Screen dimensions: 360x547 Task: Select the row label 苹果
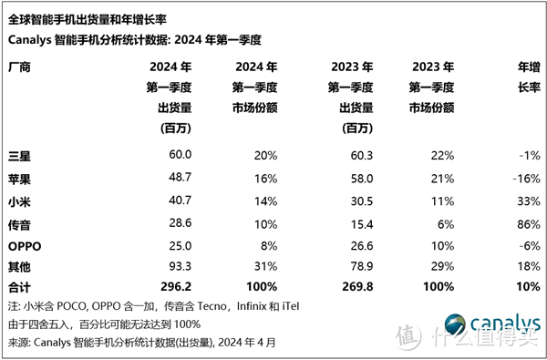(19, 178)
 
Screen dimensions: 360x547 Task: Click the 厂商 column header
(19, 67)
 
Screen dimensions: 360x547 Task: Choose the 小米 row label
(19, 200)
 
